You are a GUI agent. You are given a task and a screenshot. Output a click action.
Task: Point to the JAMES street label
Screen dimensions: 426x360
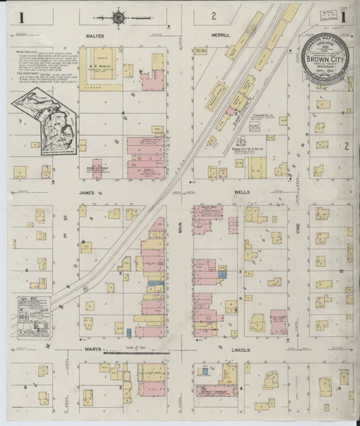(89, 193)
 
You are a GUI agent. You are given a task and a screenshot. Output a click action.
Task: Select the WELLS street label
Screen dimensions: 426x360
(242, 194)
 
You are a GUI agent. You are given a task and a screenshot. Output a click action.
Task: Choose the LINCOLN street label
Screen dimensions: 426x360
(241, 350)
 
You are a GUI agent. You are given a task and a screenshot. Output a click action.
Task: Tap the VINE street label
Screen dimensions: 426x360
(295, 229)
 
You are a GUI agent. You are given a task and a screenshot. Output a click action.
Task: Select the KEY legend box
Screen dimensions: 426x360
(31, 314)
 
